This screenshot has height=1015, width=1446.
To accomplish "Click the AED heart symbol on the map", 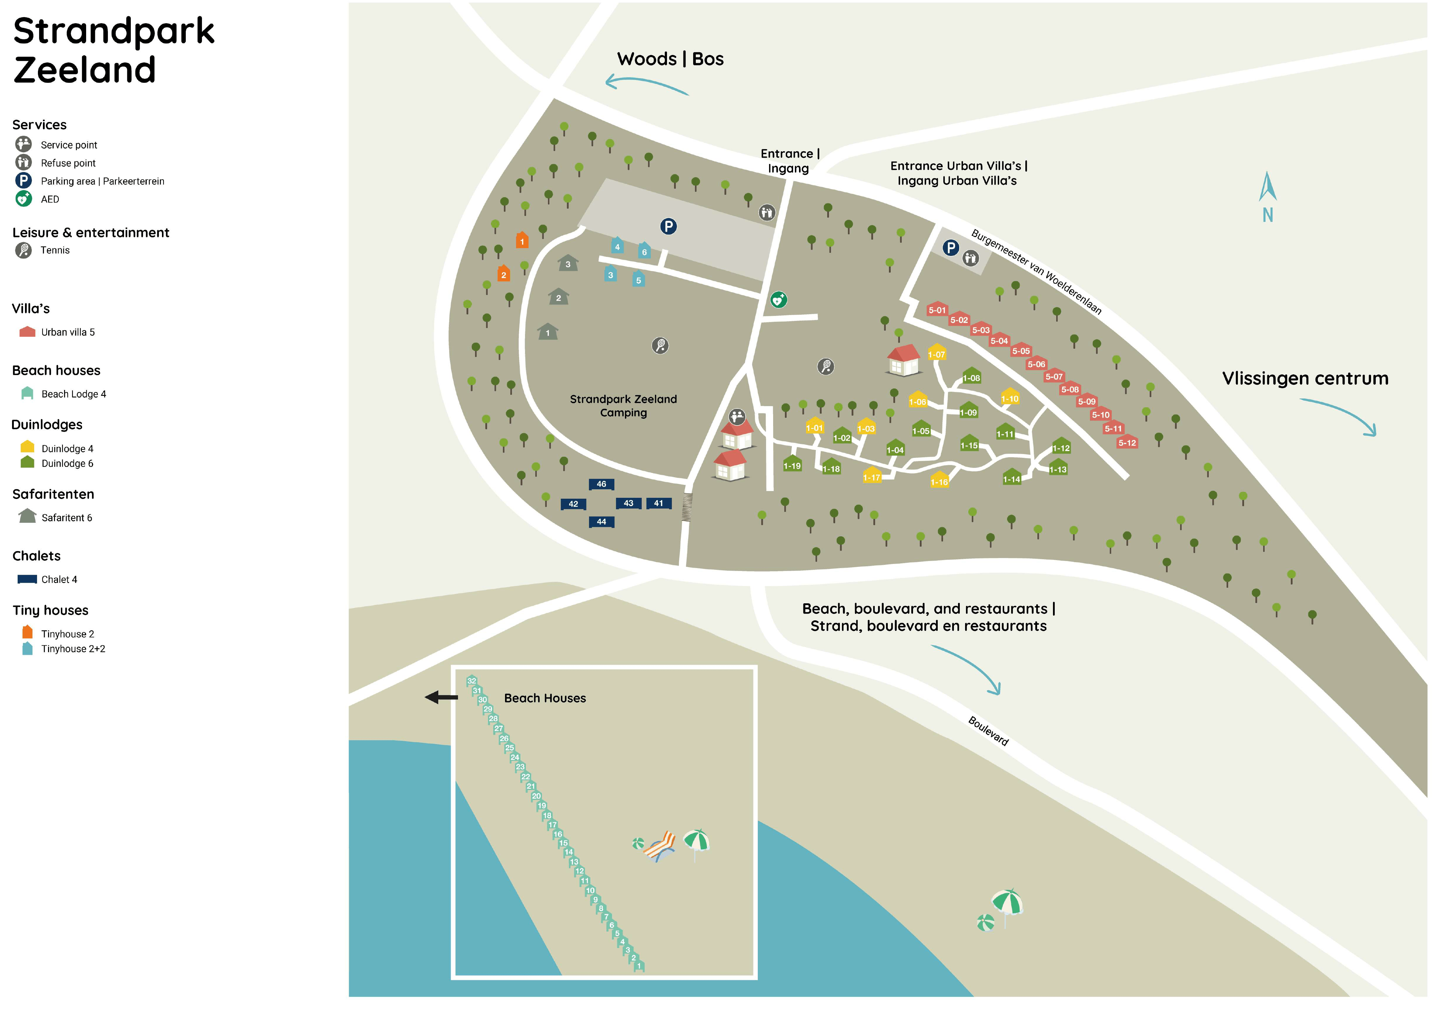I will point(778,300).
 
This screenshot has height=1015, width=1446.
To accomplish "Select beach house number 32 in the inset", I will point(472,681).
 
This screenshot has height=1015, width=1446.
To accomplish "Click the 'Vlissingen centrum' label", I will point(1305,378).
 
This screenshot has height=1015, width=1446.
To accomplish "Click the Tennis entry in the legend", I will point(55,250).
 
